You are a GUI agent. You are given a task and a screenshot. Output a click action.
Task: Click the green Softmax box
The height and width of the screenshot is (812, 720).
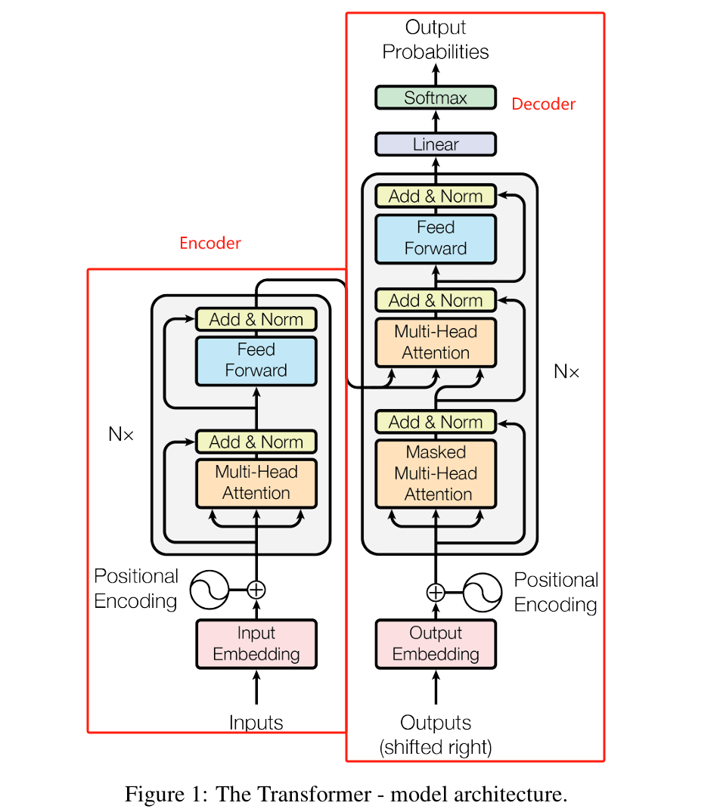pyautogui.click(x=436, y=98)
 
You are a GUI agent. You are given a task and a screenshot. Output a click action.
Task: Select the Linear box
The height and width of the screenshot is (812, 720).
pyautogui.click(x=436, y=144)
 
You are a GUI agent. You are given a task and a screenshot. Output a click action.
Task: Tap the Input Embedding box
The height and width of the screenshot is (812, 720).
pyautogui.click(x=256, y=644)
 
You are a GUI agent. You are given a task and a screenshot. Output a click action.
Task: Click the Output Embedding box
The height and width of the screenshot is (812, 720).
pyautogui.click(x=436, y=644)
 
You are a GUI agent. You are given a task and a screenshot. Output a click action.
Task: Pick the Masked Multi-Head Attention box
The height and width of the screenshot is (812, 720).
pyautogui.click(x=436, y=473)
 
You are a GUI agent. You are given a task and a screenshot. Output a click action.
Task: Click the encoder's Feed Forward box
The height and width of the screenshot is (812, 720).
pyautogui.click(x=256, y=361)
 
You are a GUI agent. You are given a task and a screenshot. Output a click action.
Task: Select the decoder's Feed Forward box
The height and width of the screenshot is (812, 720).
pyautogui.click(x=436, y=238)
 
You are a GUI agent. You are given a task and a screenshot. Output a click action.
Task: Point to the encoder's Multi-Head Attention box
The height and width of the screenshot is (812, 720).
pyautogui.click(x=256, y=483)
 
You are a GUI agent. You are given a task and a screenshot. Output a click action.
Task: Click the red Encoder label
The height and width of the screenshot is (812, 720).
pyautogui.click(x=210, y=243)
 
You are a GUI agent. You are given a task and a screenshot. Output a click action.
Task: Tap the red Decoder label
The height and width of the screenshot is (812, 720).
pyautogui.click(x=543, y=104)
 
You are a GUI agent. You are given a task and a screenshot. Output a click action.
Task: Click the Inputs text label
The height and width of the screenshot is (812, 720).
pyautogui.click(x=256, y=723)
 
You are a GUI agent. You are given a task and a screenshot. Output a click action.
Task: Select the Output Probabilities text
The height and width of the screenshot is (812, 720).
pyautogui.click(x=436, y=40)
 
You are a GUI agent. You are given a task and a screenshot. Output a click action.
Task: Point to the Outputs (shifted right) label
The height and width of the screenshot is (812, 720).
pyautogui.click(x=436, y=735)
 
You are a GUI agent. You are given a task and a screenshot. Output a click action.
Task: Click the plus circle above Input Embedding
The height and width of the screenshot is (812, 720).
pyautogui.click(x=256, y=589)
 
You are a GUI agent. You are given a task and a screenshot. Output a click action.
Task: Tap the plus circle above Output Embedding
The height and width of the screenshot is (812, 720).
pyautogui.click(x=436, y=592)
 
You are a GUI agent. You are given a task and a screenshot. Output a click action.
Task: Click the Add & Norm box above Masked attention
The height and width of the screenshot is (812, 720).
pyautogui.click(x=436, y=422)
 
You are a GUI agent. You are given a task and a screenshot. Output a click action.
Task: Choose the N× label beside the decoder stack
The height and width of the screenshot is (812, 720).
pyautogui.click(x=566, y=371)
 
